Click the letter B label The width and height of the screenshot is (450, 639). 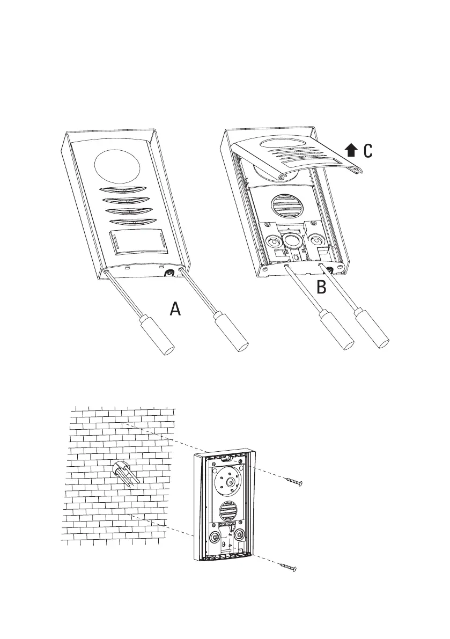coord(321,288)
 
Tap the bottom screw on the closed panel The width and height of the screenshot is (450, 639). coord(171,272)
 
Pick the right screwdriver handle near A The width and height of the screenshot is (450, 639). coord(232,334)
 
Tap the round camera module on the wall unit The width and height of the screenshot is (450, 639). coord(229,482)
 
